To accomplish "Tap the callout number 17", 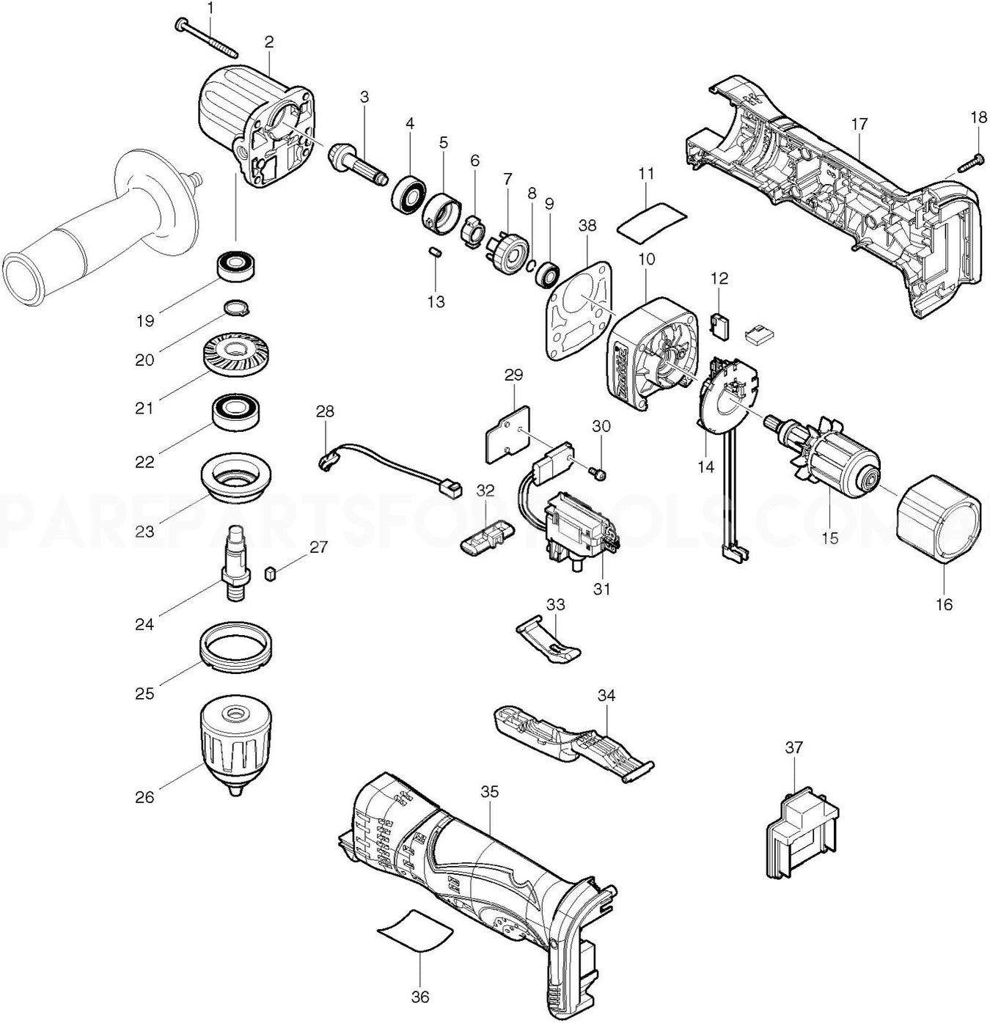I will (859, 124).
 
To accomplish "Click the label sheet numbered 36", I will (415, 927).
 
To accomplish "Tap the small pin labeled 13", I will (435, 252).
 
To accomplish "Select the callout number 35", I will (489, 792).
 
